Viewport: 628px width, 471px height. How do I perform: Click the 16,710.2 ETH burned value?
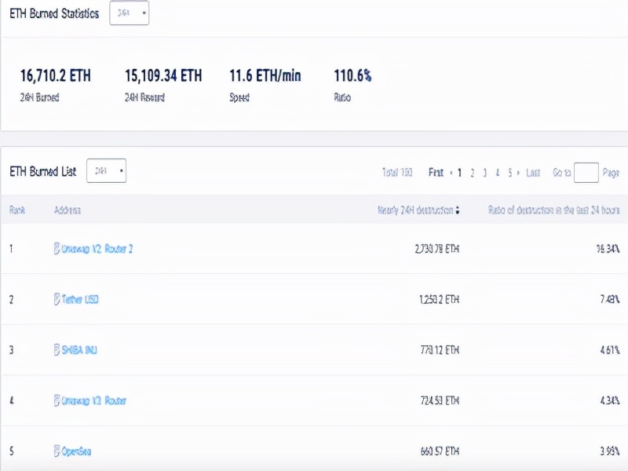click(55, 76)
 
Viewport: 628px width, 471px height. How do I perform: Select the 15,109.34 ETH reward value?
click(163, 76)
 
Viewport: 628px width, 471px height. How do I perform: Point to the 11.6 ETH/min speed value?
click(265, 76)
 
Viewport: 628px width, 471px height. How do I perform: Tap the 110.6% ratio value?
click(352, 76)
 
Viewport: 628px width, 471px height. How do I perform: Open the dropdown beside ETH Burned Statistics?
click(130, 13)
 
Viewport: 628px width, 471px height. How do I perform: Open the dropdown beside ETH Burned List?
click(106, 170)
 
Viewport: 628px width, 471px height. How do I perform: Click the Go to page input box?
click(586, 173)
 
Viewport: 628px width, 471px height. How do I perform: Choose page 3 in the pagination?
click(485, 173)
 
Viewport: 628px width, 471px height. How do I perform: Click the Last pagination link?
click(533, 173)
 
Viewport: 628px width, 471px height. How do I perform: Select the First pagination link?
click(436, 173)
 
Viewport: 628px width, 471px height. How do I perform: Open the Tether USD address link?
click(79, 299)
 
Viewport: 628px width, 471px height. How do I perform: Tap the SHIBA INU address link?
click(79, 350)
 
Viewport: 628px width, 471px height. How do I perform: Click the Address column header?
click(68, 210)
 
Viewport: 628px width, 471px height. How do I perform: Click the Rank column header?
click(17, 210)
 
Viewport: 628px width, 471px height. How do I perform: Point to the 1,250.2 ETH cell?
click(437, 299)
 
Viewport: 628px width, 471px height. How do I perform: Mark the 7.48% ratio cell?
click(608, 299)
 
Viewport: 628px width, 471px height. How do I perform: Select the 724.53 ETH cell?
click(438, 401)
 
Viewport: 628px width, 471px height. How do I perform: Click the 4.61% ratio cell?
click(608, 350)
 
